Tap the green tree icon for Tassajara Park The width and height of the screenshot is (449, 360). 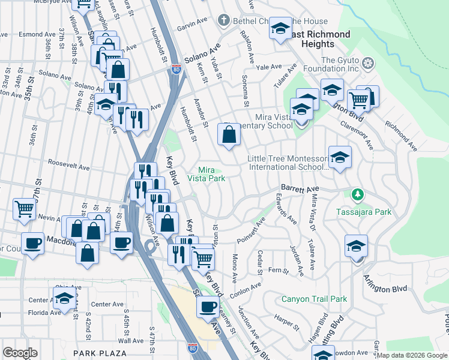click(x=358, y=194)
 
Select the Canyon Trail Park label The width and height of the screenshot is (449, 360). click(x=315, y=299)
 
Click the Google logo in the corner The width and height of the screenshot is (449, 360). click(x=20, y=353)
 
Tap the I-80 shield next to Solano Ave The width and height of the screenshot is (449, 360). click(x=176, y=69)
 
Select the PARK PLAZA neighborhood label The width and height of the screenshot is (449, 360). click(x=100, y=353)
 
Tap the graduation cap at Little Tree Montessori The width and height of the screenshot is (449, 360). click(x=340, y=157)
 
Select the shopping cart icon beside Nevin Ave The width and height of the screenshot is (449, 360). click(x=25, y=209)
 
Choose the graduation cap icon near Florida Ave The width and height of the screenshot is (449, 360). click(x=65, y=298)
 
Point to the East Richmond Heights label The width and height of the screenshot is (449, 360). click(x=318, y=39)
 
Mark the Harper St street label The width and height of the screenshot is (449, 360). click(x=286, y=320)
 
